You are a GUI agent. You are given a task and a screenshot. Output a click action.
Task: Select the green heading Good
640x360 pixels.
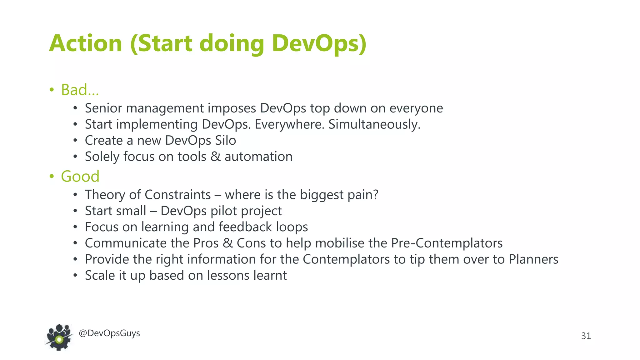tap(80, 176)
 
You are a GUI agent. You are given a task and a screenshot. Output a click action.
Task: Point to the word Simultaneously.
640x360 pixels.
tap(374, 124)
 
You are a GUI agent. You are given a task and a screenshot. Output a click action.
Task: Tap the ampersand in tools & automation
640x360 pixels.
tap(215, 157)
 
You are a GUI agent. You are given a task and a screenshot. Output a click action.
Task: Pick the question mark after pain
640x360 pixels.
tap(375, 195)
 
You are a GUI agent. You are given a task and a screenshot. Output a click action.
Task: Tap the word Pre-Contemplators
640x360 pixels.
tap(447, 243)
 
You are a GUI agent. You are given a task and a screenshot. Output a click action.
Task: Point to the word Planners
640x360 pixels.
tap(533, 259)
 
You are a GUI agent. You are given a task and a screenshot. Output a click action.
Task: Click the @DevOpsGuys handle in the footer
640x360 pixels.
tap(109, 333)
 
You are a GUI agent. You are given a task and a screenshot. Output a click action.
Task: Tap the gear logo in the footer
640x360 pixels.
tap(59, 338)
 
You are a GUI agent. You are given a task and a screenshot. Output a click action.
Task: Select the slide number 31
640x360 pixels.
tap(586, 336)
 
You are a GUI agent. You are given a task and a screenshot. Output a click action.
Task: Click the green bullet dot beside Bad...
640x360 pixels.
tap(52, 90)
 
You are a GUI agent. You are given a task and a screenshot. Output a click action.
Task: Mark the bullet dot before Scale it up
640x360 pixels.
tap(75, 276)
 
